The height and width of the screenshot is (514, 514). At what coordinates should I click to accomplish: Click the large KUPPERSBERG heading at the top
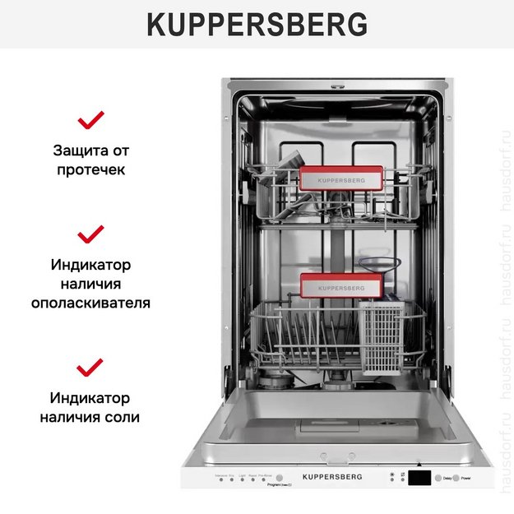pyautogui.click(x=257, y=25)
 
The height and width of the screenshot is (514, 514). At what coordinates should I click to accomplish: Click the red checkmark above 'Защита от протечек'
pyautogui.click(x=90, y=121)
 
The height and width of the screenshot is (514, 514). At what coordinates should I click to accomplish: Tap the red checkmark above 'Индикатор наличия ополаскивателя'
pyautogui.click(x=90, y=234)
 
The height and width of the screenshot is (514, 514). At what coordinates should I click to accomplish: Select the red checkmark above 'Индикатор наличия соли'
pyautogui.click(x=90, y=367)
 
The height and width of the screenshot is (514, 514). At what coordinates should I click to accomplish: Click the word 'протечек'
pyautogui.click(x=91, y=170)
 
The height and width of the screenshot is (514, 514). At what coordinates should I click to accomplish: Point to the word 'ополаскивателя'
pyautogui.click(x=91, y=303)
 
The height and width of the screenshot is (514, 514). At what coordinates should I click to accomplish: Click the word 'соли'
pyautogui.click(x=123, y=417)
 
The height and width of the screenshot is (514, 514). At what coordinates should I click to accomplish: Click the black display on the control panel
pyautogui.click(x=420, y=478)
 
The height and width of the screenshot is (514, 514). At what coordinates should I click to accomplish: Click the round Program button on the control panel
pyautogui.click(x=279, y=478)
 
